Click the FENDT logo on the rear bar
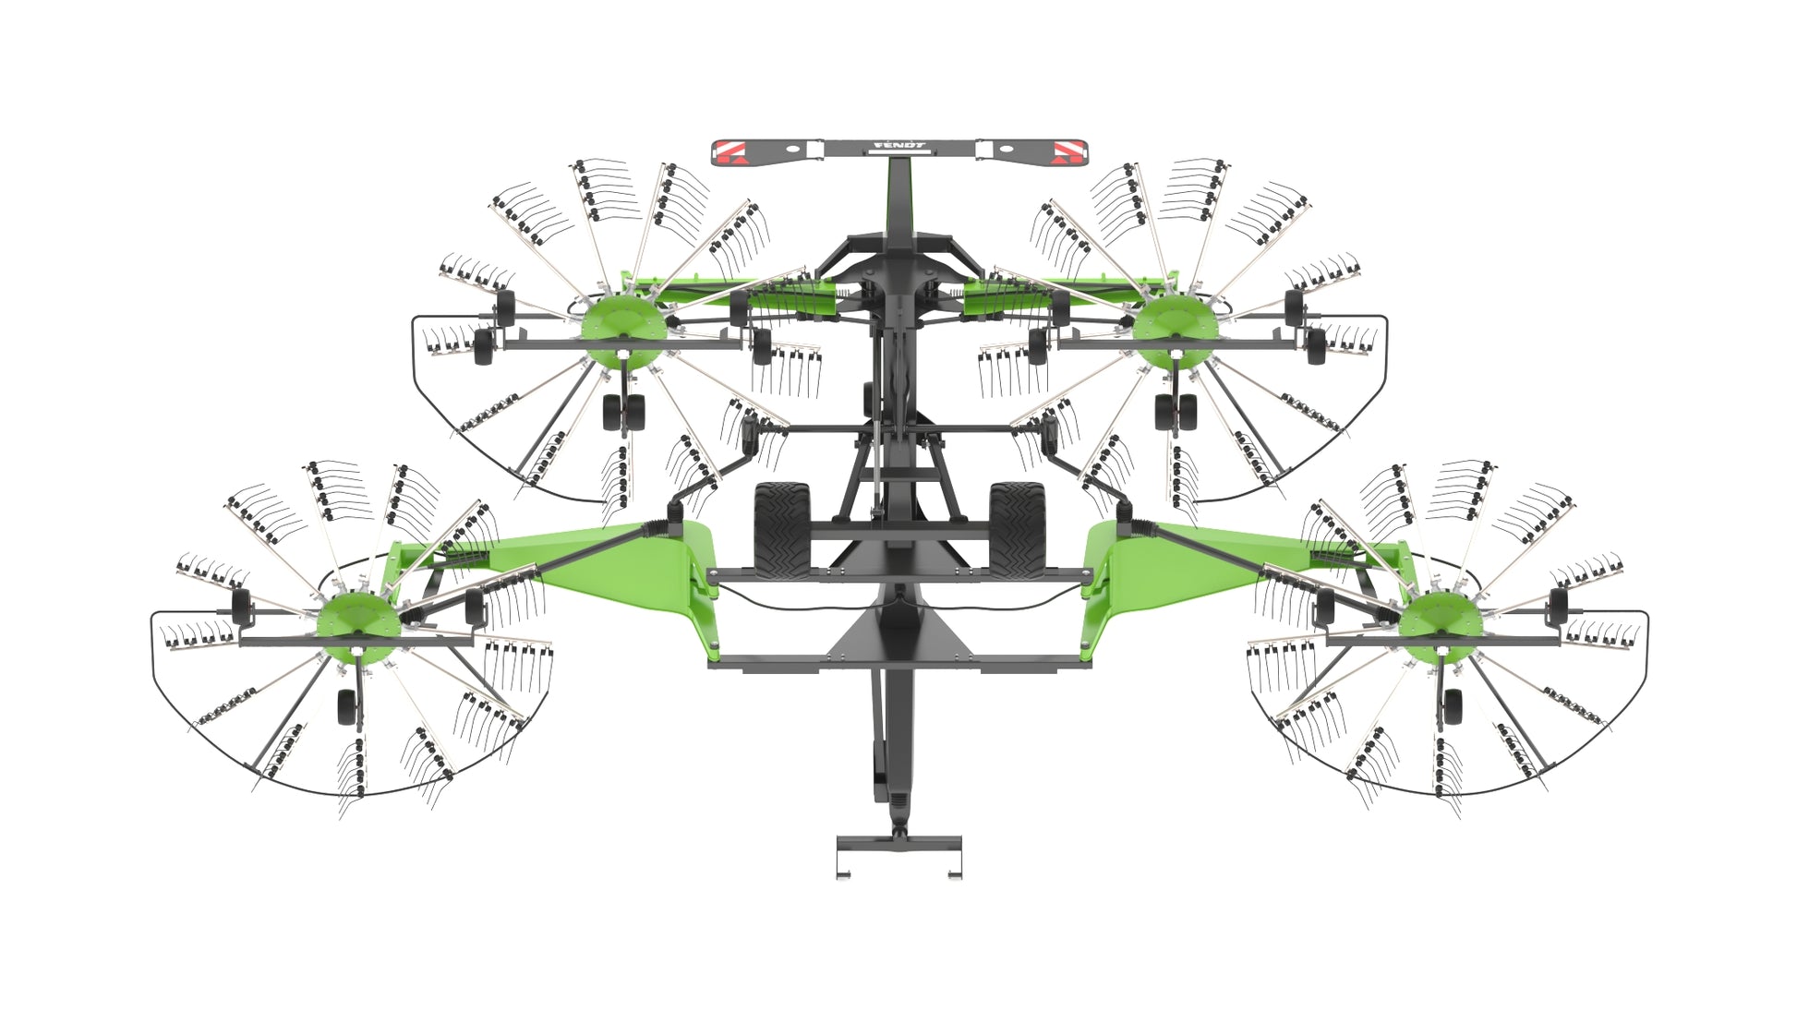point(899,146)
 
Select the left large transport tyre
point(782,530)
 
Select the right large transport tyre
point(1017,530)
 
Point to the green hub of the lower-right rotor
point(1441,624)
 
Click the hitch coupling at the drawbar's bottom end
point(898,854)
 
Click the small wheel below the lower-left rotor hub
point(347,706)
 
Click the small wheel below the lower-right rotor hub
point(1453,706)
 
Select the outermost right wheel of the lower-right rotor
point(1558,606)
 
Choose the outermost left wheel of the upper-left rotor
point(483,347)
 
